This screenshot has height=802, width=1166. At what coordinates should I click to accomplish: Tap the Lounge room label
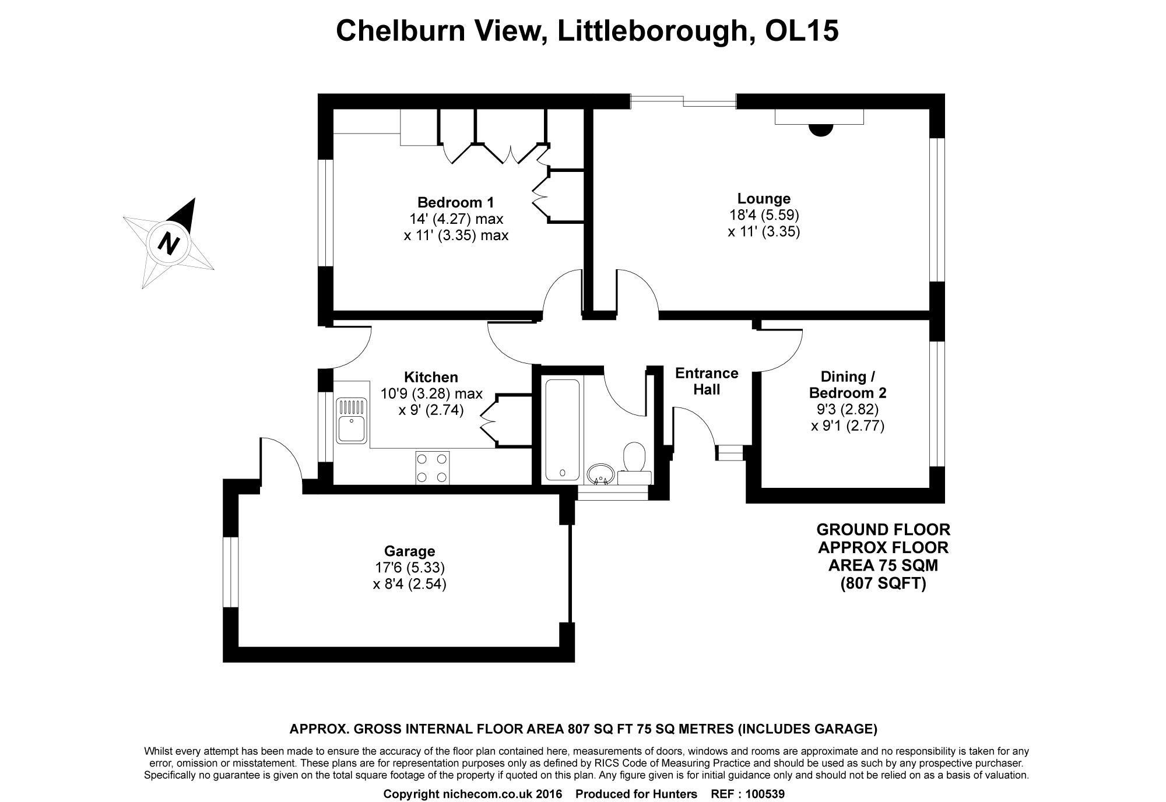click(x=764, y=199)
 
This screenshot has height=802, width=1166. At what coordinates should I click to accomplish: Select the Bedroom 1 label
click(x=455, y=203)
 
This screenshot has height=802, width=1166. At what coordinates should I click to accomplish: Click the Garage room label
click(x=409, y=551)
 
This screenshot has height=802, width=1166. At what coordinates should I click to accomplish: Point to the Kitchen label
click(x=431, y=377)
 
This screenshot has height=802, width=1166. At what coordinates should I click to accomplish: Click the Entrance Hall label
click(x=707, y=381)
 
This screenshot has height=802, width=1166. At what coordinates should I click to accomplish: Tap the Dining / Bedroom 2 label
click(x=848, y=384)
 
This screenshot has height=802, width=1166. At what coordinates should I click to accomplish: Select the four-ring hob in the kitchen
click(x=433, y=467)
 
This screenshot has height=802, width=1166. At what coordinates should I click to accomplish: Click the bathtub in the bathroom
click(x=561, y=430)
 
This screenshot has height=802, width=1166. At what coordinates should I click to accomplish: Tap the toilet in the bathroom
click(x=634, y=457)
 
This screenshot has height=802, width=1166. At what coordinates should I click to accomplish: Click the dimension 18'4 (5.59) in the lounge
click(x=764, y=215)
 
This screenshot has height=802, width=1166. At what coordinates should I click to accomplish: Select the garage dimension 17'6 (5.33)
click(x=410, y=567)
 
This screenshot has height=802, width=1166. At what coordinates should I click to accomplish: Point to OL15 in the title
click(x=802, y=30)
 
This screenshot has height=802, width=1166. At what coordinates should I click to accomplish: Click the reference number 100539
click(x=765, y=794)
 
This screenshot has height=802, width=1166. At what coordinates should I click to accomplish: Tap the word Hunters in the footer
click(x=676, y=794)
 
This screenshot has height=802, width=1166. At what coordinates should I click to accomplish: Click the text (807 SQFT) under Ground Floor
click(x=883, y=583)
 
